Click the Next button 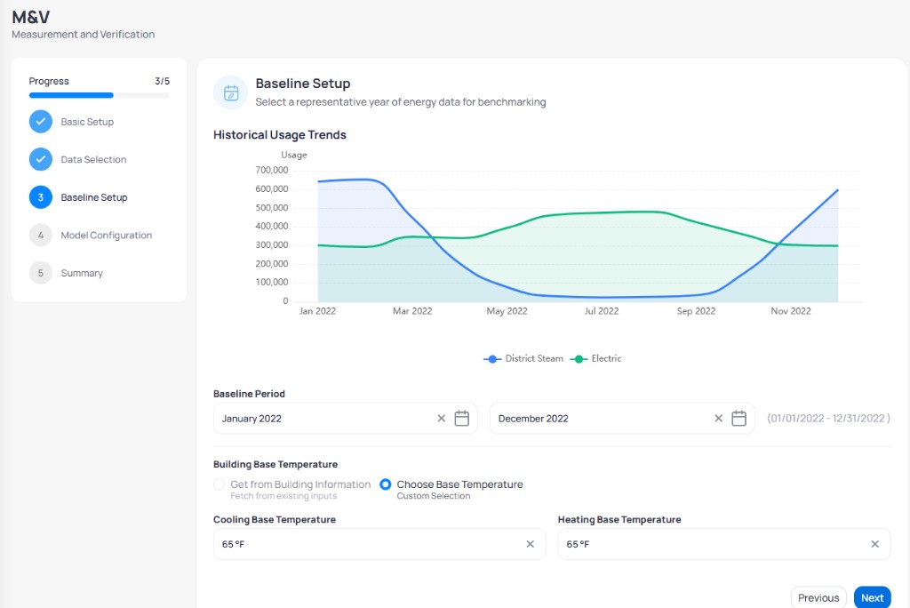coord(872,597)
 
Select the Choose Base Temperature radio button coord(386,484)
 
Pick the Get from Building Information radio coord(219,484)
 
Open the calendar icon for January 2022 coord(461,418)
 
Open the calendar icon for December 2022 coord(738,418)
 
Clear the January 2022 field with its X coord(441,418)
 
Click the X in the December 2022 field coord(718,418)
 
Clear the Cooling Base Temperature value coord(530,544)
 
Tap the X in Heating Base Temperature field coord(874,544)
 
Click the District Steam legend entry coord(523,359)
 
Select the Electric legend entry coord(596,359)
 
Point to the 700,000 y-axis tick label coord(272,170)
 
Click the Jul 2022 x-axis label coord(602,311)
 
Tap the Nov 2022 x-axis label coord(790,311)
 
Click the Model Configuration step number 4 coord(41,236)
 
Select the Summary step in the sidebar coord(82,273)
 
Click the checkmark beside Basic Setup coord(41,122)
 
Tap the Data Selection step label coord(93,160)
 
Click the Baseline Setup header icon coord(231,92)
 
